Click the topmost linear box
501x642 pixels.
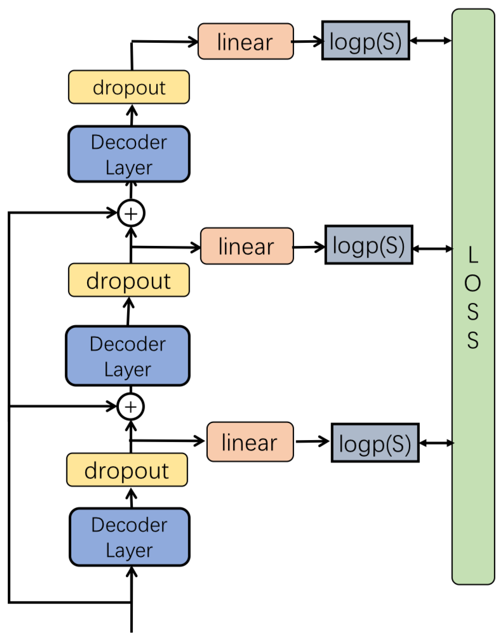coord(245,42)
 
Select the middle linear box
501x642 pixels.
coord(247,246)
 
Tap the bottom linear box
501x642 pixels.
coord(250,442)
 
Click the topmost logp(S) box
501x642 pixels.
coord(365,41)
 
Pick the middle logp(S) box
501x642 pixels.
coord(369,245)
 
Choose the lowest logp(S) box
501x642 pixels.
coord(375,443)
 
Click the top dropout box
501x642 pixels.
coord(129,87)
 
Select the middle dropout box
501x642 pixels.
coord(129,280)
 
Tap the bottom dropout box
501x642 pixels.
coord(127,470)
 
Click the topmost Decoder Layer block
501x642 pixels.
coord(129,154)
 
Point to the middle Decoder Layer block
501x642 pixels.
coord(127,356)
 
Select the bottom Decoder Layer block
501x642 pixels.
coord(129,537)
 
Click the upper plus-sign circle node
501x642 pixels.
coord(131,213)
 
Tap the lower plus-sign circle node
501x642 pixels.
coord(130,407)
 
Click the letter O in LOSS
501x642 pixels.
coord(472,283)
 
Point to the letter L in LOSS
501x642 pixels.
coord(472,255)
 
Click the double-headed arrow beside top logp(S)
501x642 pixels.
coord(431,40)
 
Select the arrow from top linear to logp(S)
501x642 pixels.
coord(308,41)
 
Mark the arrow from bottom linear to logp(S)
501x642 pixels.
coord(312,441)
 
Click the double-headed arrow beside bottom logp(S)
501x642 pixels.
coord(436,443)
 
